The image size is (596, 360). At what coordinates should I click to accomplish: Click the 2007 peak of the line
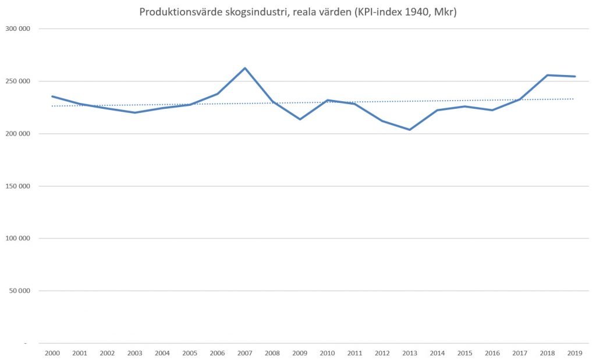[245, 68]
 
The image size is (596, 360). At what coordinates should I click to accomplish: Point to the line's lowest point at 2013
[410, 130]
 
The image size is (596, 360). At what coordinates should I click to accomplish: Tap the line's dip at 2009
[300, 119]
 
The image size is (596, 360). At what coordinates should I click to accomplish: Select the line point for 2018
[548, 75]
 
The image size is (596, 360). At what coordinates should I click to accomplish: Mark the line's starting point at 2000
[52, 97]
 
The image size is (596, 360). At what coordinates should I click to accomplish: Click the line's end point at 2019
[575, 76]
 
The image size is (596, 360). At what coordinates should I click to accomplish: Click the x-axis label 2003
[134, 353]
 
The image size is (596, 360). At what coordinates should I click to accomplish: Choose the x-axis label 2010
[327, 353]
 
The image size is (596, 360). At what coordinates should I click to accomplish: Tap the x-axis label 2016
[492, 353]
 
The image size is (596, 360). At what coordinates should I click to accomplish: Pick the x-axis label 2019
[575, 353]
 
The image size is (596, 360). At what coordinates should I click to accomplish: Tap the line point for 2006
[218, 94]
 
